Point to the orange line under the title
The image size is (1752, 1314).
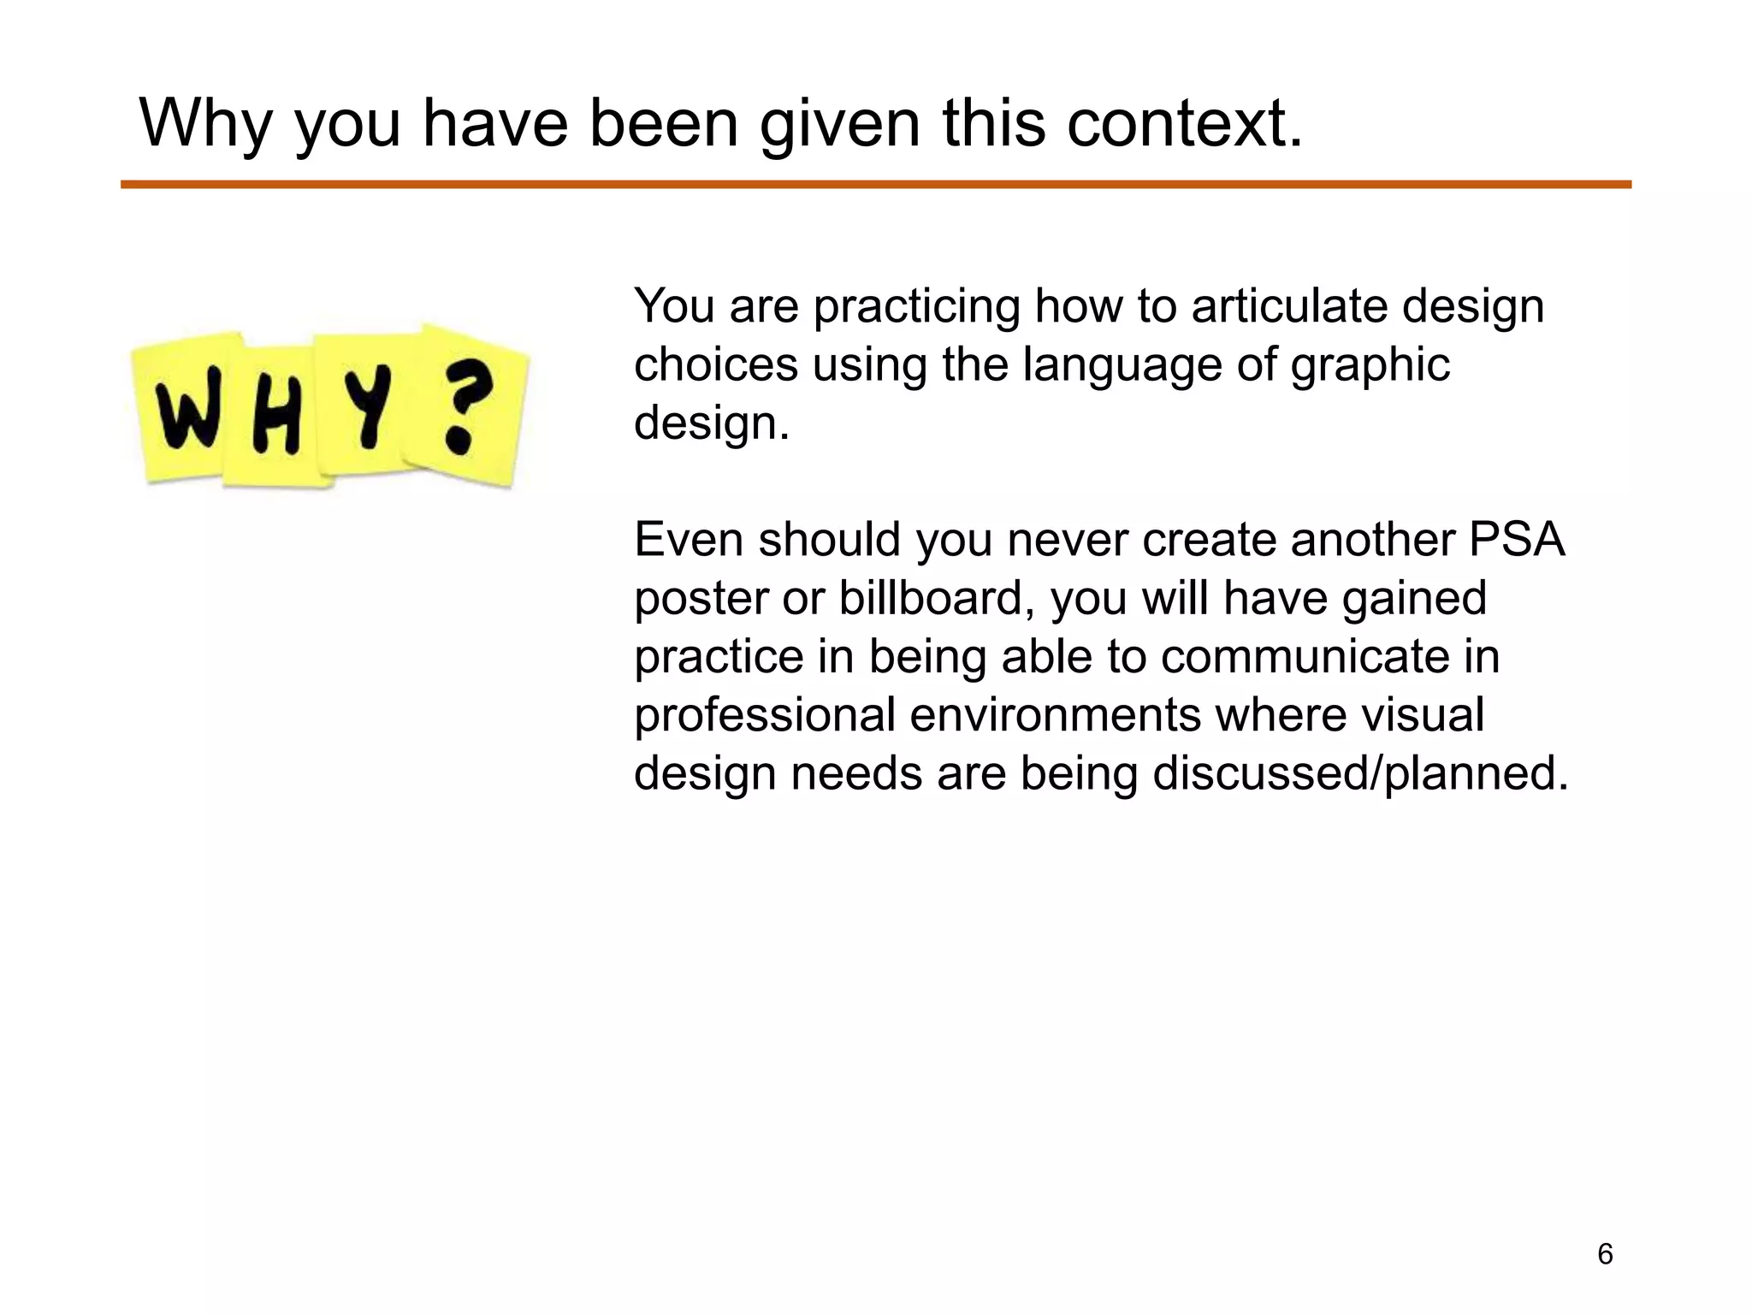(x=875, y=185)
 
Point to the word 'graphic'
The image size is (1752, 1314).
(x=1370, y=366)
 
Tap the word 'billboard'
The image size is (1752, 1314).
(x=930, y=598)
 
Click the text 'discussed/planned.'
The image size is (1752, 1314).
(x=1360, y=773)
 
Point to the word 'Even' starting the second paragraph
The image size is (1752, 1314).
(x=689, y=540)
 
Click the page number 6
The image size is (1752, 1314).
(x=1605, y=1254)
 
